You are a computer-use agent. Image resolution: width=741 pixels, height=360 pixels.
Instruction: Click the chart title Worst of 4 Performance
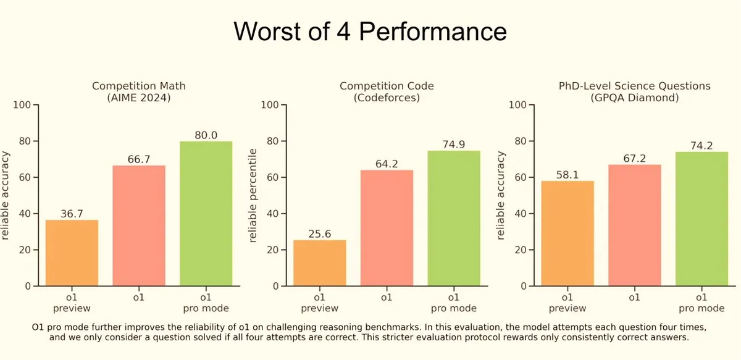370,31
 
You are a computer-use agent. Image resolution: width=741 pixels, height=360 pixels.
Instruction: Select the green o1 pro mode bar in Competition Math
206,214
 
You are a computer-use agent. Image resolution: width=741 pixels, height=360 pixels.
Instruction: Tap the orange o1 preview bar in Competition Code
320,263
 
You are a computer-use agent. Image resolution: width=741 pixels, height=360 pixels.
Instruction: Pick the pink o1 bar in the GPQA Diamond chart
635,225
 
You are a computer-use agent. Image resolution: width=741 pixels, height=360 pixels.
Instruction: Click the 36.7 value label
72,214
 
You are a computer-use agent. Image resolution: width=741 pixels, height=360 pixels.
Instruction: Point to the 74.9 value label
453,144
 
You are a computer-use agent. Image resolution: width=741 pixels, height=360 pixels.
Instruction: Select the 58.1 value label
567,175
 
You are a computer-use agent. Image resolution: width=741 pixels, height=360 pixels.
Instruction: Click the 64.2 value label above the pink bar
387,164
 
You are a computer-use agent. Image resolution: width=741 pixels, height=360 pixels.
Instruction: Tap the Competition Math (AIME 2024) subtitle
138,91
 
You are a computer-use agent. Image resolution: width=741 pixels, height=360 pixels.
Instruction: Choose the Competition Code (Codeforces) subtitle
387,91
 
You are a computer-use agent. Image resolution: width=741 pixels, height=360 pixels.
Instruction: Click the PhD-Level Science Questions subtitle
635,86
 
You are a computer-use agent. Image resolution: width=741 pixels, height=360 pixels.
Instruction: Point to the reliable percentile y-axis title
253,196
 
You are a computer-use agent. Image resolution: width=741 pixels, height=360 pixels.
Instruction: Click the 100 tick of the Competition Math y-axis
22,105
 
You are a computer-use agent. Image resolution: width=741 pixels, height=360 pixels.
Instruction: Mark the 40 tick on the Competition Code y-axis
272,214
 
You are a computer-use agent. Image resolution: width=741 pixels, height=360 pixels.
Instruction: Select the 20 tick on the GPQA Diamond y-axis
521,250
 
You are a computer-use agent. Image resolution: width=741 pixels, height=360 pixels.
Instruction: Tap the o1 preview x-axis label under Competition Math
72,303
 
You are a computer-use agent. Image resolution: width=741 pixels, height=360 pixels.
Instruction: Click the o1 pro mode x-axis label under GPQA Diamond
701,303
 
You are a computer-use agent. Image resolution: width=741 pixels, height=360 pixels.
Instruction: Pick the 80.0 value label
206,135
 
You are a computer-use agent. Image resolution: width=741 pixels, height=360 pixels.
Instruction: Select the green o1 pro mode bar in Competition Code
454,219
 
